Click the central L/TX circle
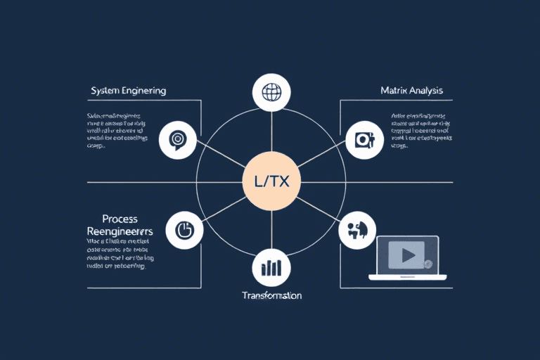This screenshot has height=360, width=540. [x=271, y=181]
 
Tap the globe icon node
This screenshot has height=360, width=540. [x=271, y=92]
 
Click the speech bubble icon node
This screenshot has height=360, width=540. [x=179, y=140]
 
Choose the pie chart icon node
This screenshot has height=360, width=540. [x=184, y=230]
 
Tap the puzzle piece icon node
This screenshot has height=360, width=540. [x=356, y=230]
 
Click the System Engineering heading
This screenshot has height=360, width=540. [x=128, y=91]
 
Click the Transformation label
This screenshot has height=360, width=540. [x=271, y=295]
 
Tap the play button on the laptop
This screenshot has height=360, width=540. [x=407, y=254]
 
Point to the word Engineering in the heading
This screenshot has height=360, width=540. [x=145, y=91]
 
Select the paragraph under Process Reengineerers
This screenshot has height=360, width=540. [x=115, y=255]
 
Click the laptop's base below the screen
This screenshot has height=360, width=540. [x=407, y=278]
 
